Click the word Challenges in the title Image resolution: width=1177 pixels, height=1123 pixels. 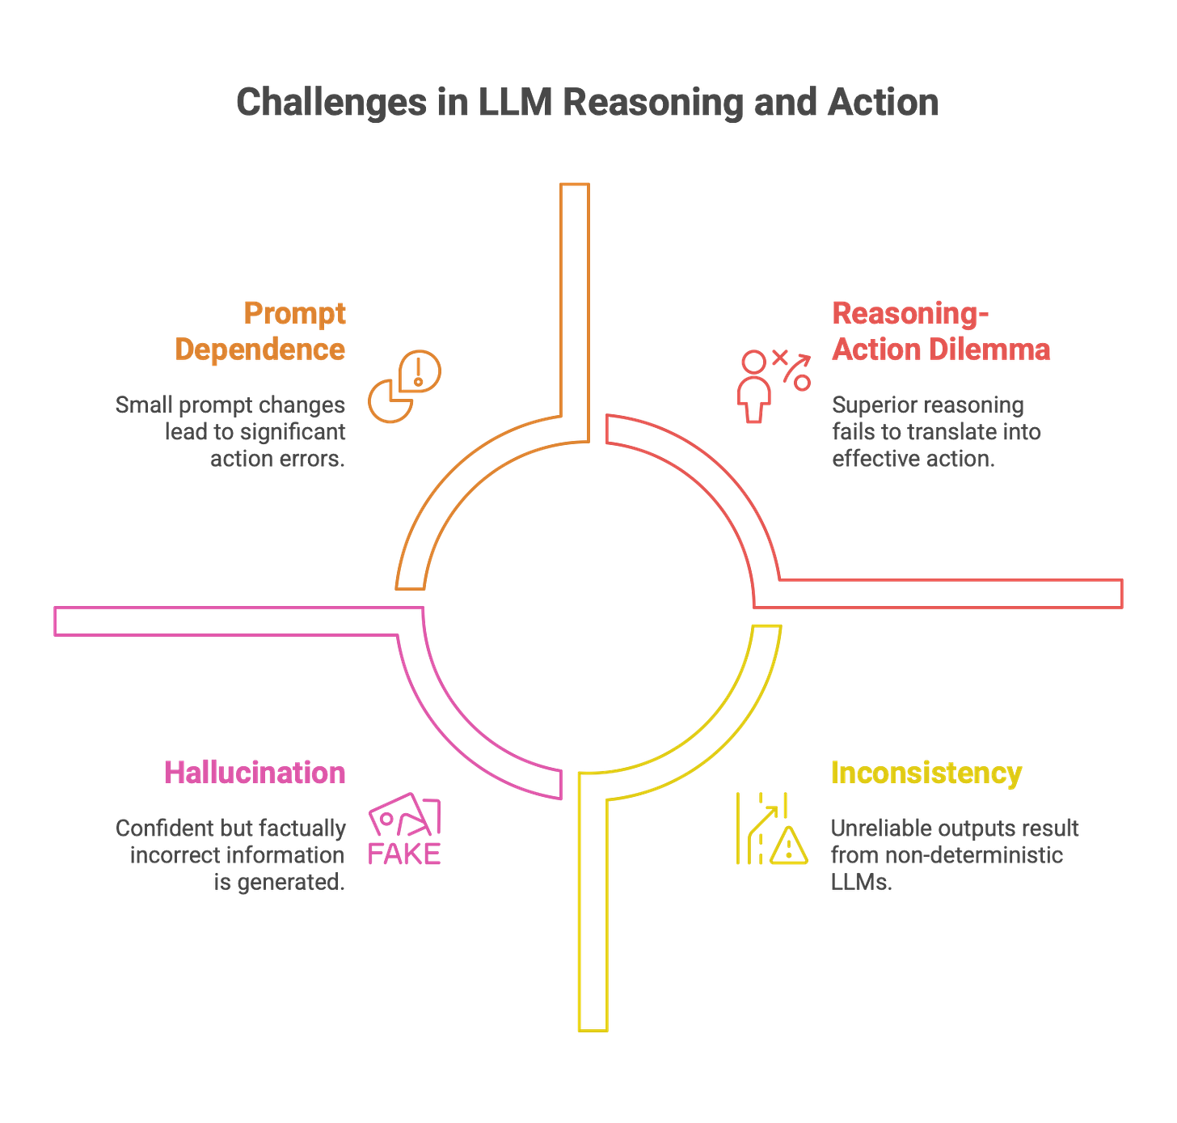pyautogui.click(x=331, y=104)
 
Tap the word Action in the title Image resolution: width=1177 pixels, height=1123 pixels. pyautogui.click(x=883, y=104)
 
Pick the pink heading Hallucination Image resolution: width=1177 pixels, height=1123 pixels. pyautogui.click(x=255, y=773)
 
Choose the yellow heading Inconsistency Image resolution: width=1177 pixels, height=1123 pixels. pyautogui.click(x=926, y=773)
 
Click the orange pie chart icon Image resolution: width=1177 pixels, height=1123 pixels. pyautogui.click(x=404, y=387)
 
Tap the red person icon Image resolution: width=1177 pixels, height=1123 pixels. pyautogui.click(x=755, y=387)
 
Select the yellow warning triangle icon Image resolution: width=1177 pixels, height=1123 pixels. pyautogui.click(x=787, y=846)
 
